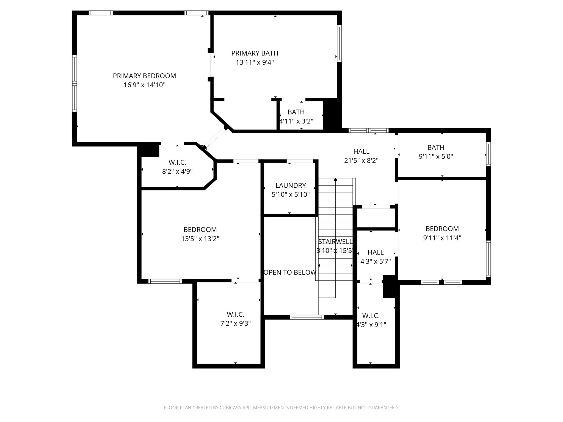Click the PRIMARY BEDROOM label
(x=144, y=76)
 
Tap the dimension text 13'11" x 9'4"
(x=255, y=62)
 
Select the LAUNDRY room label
(x=291, y=185)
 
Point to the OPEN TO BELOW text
(x=290, y=272)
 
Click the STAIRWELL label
(x=335, y=241)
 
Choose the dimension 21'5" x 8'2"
(x=361, y=160)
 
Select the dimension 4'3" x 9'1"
(x=371, y=325)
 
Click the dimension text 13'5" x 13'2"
(x=200, y=239)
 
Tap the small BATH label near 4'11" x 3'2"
(x=296, y=112)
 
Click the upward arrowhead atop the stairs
(x=335, y=180)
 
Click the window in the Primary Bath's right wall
(x=339, y=43)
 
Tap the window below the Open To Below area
(x=307, y=317)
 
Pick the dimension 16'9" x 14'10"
(x=144, y=85)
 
